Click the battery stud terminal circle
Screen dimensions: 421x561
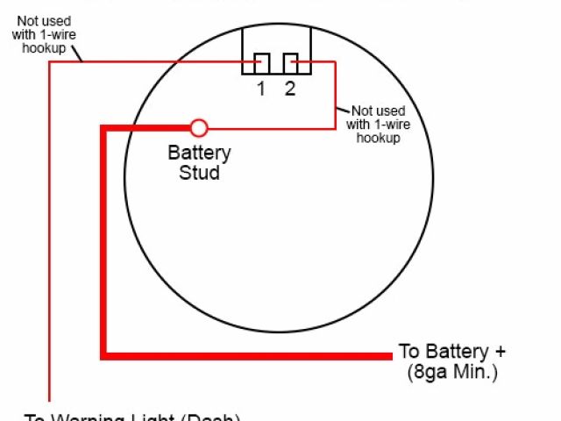[200, 128]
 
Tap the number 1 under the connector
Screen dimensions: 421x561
[261, 89]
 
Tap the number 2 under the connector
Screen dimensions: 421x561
[290, 89]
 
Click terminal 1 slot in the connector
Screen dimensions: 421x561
[262, 64]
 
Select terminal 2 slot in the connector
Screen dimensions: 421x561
[290, 64]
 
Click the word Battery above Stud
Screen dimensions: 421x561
[200, 153]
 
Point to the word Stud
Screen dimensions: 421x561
[200, 173]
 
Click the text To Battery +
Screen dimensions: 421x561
[452, 351]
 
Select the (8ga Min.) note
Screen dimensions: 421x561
[452, 372]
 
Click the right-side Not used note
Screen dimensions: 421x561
[379, 125]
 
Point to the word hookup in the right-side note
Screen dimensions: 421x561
[379, 139]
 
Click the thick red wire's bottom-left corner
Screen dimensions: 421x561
[104, 355]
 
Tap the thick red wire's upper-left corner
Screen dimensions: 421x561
[104, 129]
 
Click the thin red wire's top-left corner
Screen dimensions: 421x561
[50, 63]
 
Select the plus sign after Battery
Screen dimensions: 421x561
[501, 351]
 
